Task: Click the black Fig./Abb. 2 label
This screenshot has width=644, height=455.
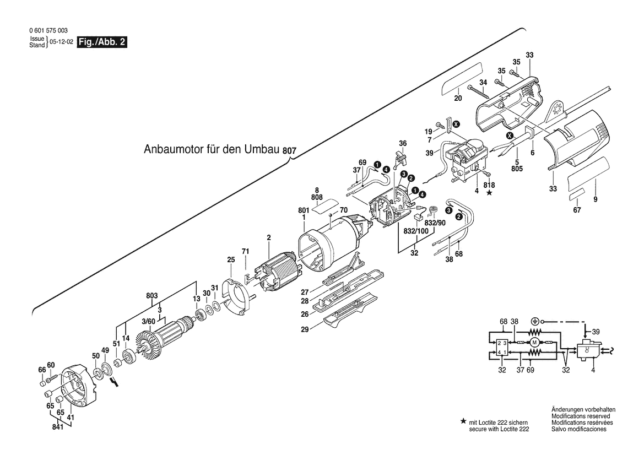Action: tap(102, 42)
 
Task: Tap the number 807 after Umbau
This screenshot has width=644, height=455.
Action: tap(290, 150)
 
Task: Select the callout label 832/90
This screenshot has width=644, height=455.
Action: tap(435, 223)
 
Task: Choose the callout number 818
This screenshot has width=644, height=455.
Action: tap(489, 185)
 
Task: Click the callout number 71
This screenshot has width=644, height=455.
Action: tap(246, 251)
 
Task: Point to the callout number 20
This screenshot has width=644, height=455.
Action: tap(457, 99)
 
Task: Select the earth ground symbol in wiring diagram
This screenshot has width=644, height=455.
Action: tap(534, 321)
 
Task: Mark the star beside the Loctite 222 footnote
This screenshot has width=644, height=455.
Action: tap(463, 421)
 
